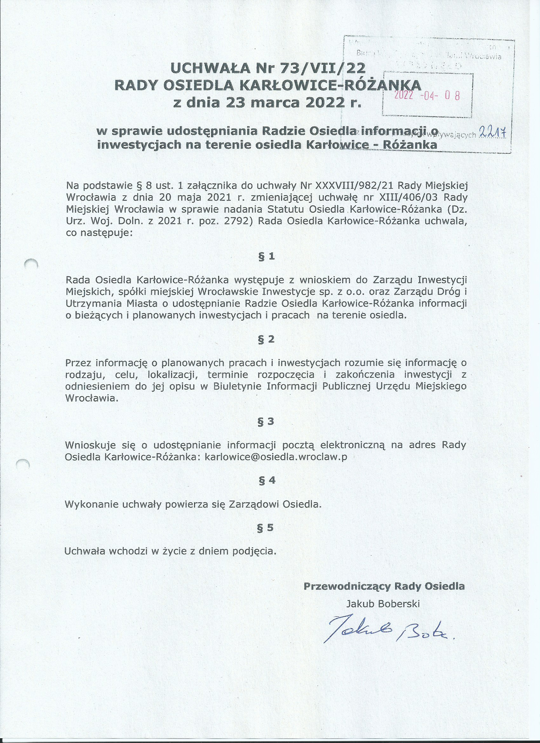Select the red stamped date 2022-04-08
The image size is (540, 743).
tap(427, 95)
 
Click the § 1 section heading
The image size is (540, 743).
tap(267, 256)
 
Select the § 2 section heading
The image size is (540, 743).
tap(267, 339)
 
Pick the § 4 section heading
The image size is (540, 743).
tap(267, 480)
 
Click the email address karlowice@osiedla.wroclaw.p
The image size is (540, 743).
tap(276, 457)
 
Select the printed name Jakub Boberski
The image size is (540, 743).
tap(383, 604)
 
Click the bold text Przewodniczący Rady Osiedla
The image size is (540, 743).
tap(384, 586)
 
